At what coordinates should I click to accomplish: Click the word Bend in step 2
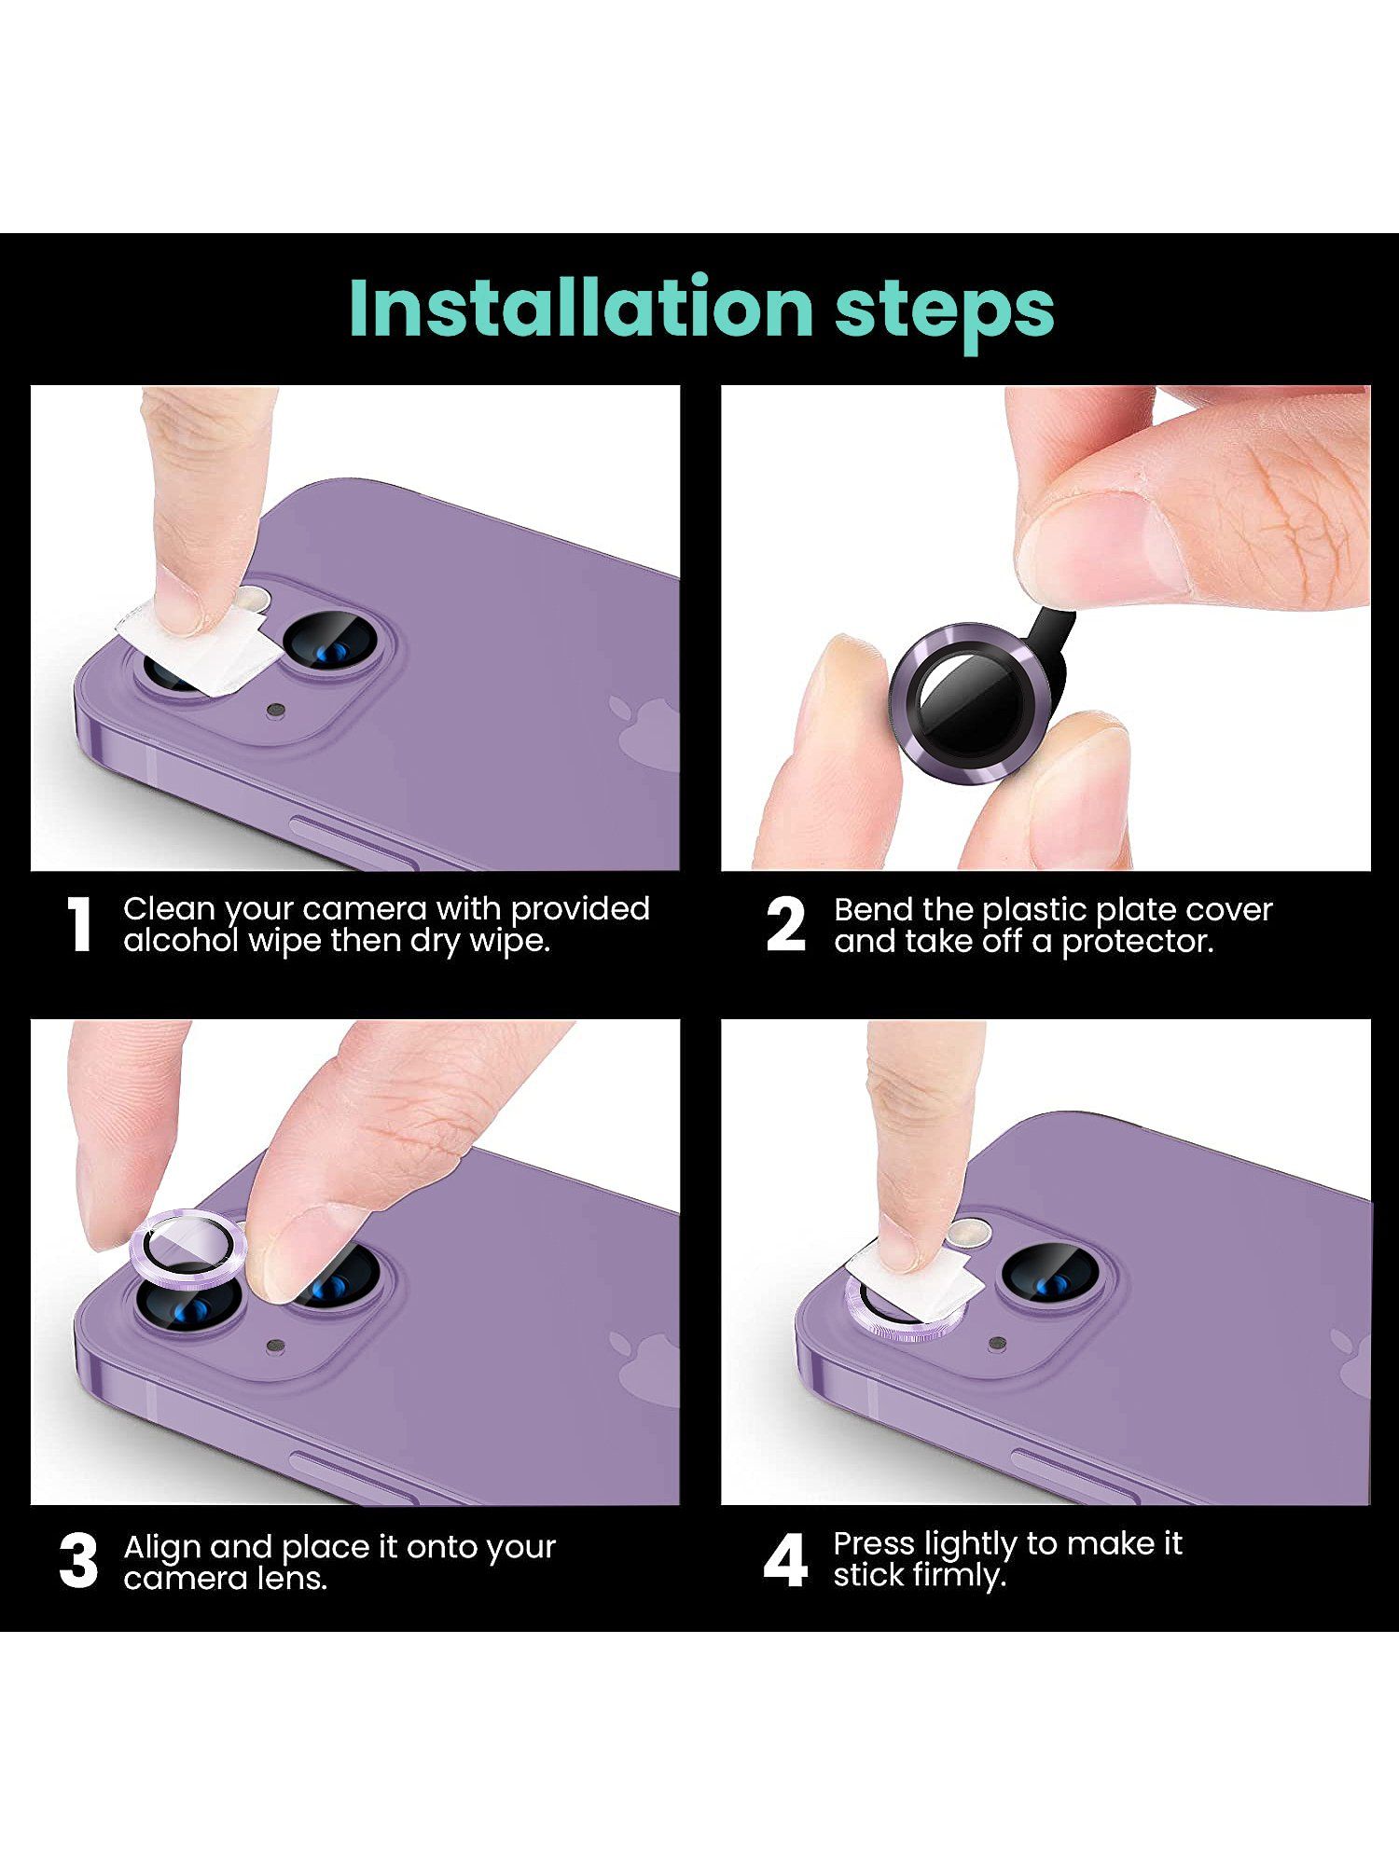[873, 909]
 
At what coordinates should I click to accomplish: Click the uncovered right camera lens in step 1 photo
[330, 643]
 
